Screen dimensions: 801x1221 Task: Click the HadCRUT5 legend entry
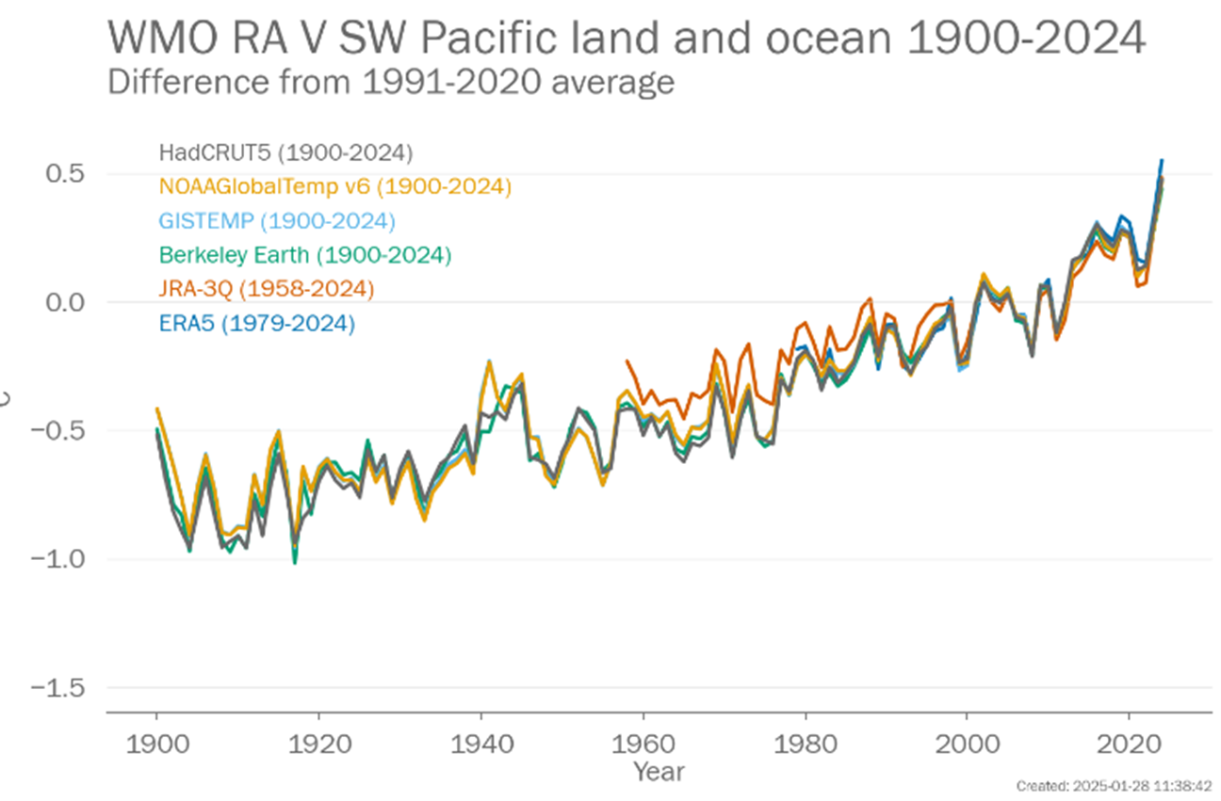[x=285, y=152]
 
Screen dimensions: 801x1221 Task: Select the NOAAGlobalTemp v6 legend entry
[x=334, y=187]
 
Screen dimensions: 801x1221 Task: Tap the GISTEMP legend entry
[x=276, y=221]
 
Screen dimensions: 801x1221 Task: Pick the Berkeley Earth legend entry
[x=305, y=255]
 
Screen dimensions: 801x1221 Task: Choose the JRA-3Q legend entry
[x=267, y=289]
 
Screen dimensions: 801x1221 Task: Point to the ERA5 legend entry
[x=256, y=324]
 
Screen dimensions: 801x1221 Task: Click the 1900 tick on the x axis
[x=156, y=739]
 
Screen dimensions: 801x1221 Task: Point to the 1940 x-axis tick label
[x=480, y=739]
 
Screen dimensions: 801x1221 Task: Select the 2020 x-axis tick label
[x=1129, y=739]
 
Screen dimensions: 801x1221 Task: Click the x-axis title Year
[x=658, y=772]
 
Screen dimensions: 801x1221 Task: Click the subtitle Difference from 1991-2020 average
[x=391, y=83]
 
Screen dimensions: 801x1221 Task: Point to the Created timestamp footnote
[x=1114, y=786]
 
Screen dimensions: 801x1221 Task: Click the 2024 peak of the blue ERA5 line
[x=1161, y=161]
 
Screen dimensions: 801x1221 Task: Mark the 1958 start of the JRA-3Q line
[x=627, y=360]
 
